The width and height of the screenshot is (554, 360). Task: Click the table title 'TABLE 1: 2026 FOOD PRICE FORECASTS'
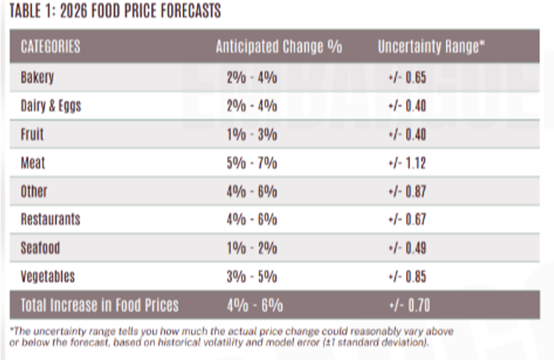click(112, 11)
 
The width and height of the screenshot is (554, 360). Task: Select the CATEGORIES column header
click(50, 46)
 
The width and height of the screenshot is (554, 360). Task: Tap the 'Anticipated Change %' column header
click(278, 46)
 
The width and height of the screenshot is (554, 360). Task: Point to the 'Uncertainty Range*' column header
click(432, 46)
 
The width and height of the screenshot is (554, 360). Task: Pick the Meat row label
click(33, 162)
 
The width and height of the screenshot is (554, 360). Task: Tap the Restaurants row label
click(50, 219)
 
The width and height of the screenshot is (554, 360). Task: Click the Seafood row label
click(40, 248)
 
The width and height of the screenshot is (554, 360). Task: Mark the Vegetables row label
click(47, 277)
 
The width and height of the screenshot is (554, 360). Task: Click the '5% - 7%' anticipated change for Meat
click(252, 162)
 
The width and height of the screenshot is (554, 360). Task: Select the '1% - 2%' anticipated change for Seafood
click(252, 248)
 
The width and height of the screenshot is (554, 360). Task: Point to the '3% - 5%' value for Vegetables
click(252, 277)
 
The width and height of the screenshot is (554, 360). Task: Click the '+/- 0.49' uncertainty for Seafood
click(405, 248)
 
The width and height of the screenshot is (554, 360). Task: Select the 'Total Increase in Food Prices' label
click(100, 305)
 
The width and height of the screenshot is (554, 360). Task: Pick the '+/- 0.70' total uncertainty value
click(405, 305)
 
